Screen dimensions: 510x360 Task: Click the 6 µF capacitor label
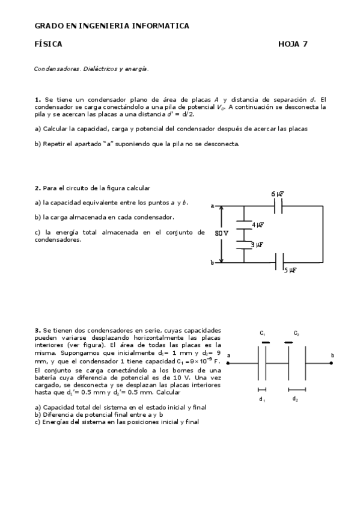click(x=277, y=194)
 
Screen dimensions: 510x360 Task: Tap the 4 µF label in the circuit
click(x=258, y=224)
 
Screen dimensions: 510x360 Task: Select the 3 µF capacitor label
click(x=257, y=245)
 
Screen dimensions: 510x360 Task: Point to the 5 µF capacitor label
click(x=290, y=271)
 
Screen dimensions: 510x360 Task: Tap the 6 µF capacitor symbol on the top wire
click(x=278, y=206)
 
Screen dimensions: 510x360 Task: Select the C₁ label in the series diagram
click(x=263, y=333)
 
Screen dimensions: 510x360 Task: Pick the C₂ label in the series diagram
click(x=296, y=333)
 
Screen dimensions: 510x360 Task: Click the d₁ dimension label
click(x=261, y=399)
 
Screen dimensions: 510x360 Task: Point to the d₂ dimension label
click(x=295, y=399)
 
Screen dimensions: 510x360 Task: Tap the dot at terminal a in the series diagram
click(x=229, y=363)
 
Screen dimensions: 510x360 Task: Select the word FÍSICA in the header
click(x=48, y=44)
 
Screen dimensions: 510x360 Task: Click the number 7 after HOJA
click(x=305, y=44)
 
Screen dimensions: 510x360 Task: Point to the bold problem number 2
click(x=37, y=188)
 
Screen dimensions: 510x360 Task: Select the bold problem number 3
click(x=37, y=330)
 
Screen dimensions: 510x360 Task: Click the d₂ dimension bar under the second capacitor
click(x=297, y=389)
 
